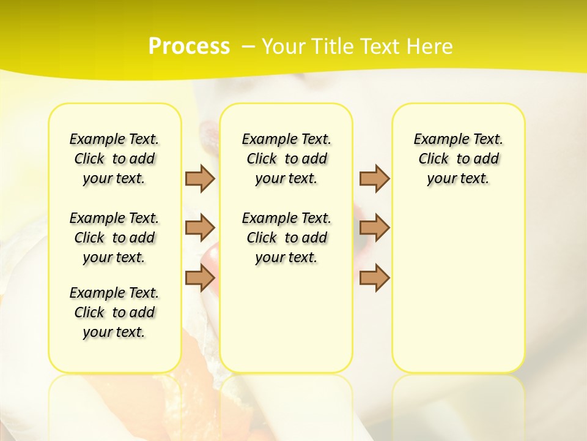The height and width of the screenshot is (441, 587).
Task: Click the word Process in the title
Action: pos(189,46)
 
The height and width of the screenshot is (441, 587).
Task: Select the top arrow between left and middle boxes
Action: pos(200,178)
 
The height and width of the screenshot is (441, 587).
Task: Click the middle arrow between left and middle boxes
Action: pos(200,228)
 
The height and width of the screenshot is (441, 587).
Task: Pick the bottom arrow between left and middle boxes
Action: pos(200,277)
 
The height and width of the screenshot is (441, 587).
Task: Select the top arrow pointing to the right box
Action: pos(374,178)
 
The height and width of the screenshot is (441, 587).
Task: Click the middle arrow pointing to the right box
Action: pos(374,228)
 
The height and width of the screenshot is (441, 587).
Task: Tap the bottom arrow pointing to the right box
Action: pos(374,277)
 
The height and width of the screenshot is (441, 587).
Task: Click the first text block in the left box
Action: pos(114,159)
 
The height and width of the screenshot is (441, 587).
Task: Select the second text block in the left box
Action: pos(114,238)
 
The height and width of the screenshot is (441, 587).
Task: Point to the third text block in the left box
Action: pos(114,312)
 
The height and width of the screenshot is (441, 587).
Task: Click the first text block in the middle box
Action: pos(286,159)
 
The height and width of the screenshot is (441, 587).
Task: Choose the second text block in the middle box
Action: pos(286,238)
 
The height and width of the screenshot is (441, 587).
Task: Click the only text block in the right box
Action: pos(458,159)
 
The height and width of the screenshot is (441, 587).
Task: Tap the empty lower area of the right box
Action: pos(458,288)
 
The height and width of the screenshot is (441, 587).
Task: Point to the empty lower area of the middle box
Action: pos(286,318)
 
